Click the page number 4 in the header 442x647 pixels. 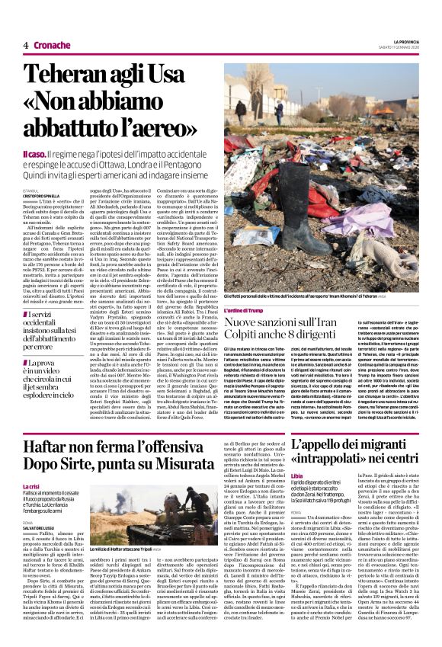(x=26, y=45)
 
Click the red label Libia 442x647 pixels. (x=299, y=475)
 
